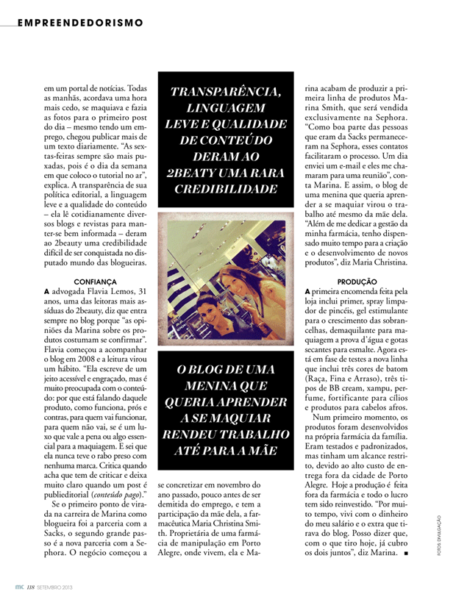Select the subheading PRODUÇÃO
point(357,282)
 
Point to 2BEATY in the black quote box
point(193,173)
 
